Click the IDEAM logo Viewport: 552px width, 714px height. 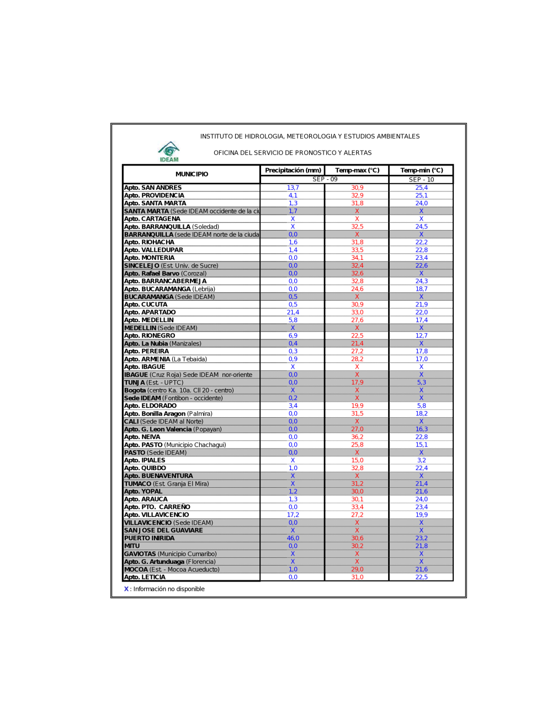click(169, 152)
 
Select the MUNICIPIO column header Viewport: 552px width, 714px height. click(192, 174)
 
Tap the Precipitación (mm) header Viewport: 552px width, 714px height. click(293, 170)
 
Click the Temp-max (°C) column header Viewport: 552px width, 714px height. click(357, 170)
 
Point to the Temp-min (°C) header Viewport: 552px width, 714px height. click(421, 170)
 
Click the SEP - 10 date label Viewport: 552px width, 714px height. click(421, 179)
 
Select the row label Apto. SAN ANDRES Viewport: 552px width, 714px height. click(153, 188)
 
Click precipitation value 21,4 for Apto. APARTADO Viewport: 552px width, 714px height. click(293, 312)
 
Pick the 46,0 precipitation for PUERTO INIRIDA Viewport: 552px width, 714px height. click(293, 538)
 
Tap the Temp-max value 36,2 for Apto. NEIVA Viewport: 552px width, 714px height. click(357, 437)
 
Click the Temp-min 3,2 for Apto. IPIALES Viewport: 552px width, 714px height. click(421, 460)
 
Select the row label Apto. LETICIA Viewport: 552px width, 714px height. click(145, 577)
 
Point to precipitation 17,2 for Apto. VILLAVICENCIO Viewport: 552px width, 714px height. click(293, 515)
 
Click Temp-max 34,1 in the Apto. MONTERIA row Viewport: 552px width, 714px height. click(357, 258)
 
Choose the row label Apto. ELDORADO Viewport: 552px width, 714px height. click(150, 406)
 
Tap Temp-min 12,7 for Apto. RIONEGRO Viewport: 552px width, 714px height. click(421, 335)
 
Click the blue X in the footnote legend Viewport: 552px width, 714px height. click(126, 589)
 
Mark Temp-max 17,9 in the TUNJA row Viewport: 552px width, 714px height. click(357, 382)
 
